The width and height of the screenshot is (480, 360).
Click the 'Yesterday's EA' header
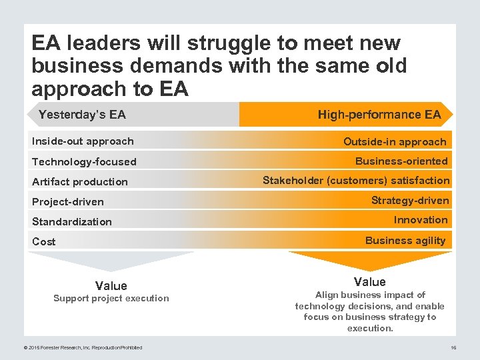[82, 115]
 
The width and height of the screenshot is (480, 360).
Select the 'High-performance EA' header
[379, 115]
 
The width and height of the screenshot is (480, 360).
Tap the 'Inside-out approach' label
[83, 141]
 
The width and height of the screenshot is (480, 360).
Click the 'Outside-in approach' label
[395, 141]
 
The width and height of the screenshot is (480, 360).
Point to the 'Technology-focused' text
[84, 161]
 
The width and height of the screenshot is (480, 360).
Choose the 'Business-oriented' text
[401, 161]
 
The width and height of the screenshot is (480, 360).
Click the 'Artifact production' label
[80, 181]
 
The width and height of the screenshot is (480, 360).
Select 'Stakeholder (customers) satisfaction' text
[356, 180]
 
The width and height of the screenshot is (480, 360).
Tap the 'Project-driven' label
[68, 201]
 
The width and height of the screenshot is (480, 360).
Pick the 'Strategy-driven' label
[410, 200]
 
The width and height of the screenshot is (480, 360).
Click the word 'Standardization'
[72, 221]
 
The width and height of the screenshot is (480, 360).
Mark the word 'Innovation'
[421, 219]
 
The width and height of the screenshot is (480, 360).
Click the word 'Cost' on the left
[44, 241]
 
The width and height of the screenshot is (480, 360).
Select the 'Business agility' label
[405, 240]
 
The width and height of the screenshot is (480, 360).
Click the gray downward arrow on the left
[111, 261]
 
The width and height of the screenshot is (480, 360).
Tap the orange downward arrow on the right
[370, 260]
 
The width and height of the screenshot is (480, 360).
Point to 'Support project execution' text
[111, 298]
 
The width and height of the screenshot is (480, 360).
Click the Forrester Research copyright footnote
[83, 347]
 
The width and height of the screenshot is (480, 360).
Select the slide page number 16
[453, 347]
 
